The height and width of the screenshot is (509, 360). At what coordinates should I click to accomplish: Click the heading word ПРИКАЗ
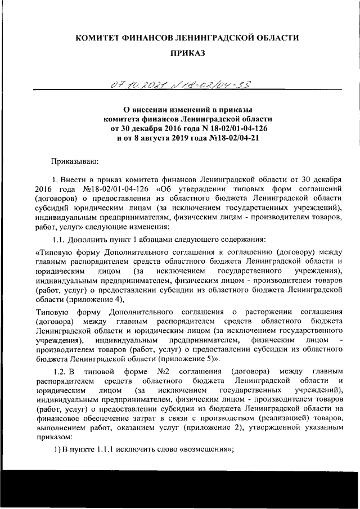(x=186, y=54)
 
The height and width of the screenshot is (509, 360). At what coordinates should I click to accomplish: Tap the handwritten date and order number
(x=180, y=84)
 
